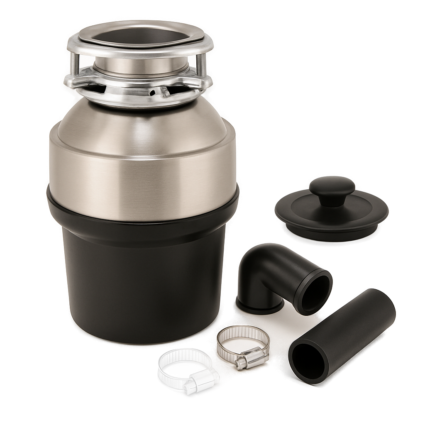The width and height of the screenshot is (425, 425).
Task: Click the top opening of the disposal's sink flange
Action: tap(141, 36)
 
